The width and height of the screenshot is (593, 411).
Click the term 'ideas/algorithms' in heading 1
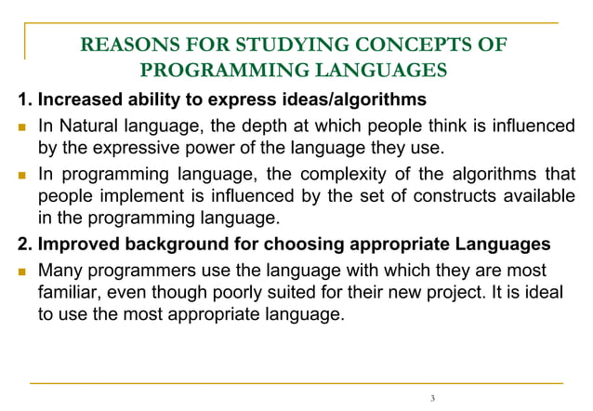[x=350, y=99]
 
